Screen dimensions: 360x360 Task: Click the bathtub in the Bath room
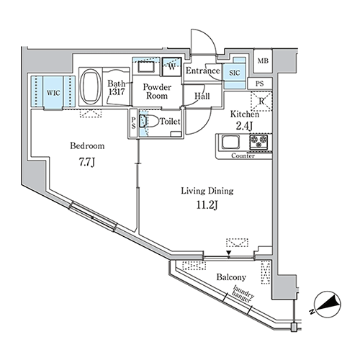click(90, 86)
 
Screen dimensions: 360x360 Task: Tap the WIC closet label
click(53, 93)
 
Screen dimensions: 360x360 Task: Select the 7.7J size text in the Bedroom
click(87, 163)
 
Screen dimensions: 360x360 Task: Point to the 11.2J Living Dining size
click(207, 205)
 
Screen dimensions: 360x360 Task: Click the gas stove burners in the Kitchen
click(258, 141)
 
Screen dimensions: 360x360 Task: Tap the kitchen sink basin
click(230, 142)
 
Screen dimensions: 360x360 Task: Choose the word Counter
click(243, 156)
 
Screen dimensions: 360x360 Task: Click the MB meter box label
click(263, 61)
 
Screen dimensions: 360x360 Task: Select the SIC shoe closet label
click(234, 73)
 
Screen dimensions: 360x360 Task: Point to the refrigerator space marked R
click(261, 101)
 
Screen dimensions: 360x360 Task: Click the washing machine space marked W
click(172, 66)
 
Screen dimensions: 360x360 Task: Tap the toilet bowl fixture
click(149, 121)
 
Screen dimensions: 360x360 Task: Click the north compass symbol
click(328, 304)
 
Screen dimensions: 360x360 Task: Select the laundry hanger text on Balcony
click(243, 294)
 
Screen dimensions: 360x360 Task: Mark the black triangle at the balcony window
click(229, 253)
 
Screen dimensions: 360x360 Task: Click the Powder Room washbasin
click(146, 67)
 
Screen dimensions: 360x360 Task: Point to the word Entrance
click(203, 71)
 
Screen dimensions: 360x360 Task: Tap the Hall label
click(202, 96)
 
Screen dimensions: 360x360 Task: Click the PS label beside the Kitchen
click(260, 84)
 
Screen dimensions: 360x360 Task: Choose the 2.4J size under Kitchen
click(243, 126)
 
